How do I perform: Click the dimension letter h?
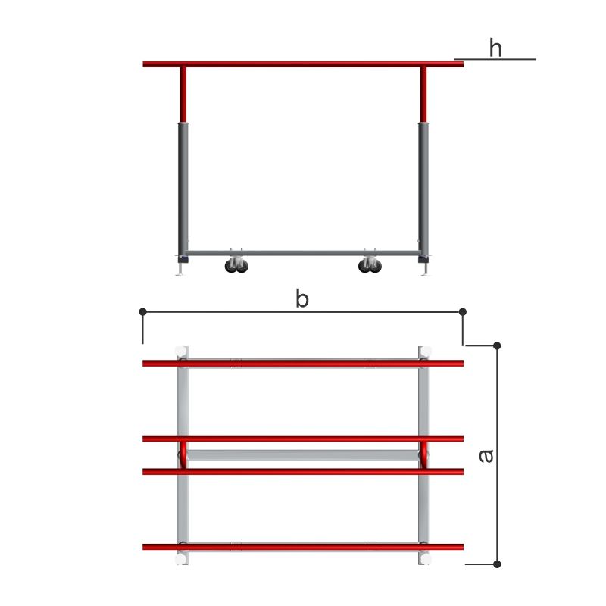pyautogui.click(x=495, y=48)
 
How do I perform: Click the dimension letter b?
pyautogui.click(x=302, y=298)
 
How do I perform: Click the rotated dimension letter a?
pyautogui.click(x=486, y=456)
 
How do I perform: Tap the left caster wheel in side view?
pyautogui.click(x=236, y=266)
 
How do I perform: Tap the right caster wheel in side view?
pyautogui.click(x=370, y=266)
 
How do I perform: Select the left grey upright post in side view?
pyautogui.click(x=183, y=192)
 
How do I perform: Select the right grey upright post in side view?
pyautogui.click(x=423, y=192)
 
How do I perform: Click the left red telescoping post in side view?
pyautogui.click(x=183, y=95)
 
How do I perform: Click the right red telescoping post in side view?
pyautogui.click(x=423, y=95)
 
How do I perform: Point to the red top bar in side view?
pyautogui.click(x=303, y=64)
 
